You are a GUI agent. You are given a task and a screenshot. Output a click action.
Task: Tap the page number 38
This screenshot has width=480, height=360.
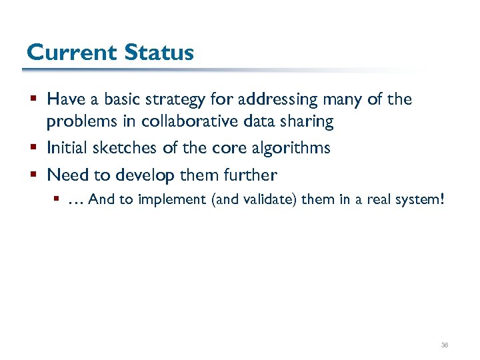pyautogui.click(x=445, y=345)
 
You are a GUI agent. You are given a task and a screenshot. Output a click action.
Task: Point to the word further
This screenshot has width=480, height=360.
pyautogui.click(x=251, y=175)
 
